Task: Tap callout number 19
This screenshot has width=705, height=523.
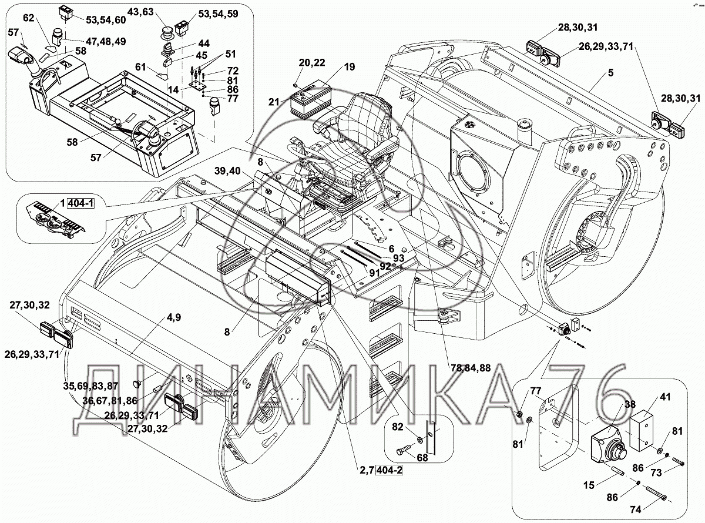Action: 350,68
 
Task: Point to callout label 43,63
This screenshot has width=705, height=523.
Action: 141,12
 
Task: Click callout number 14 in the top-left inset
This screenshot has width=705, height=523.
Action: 173,89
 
